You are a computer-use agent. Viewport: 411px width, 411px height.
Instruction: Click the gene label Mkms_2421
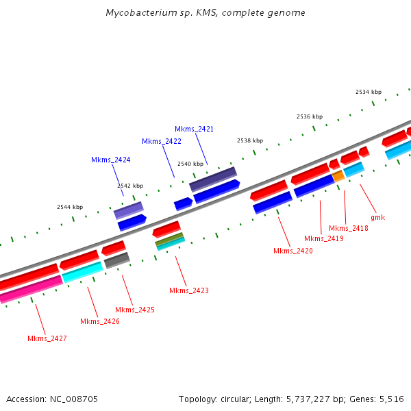(194, 129)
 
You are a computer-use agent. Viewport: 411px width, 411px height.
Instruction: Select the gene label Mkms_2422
(162, 141)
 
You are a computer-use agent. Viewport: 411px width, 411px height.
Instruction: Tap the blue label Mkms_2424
(110, 160)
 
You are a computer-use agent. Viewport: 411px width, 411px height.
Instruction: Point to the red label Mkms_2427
(47, 338)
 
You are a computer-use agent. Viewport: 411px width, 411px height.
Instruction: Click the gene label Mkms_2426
(99, 321)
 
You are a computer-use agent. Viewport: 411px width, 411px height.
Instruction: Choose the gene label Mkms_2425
(134, 310)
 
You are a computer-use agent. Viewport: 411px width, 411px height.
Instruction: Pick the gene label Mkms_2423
(188, 290)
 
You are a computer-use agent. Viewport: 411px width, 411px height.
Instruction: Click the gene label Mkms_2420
(292, 251)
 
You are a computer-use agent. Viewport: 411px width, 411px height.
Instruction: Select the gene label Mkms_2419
(323, 238)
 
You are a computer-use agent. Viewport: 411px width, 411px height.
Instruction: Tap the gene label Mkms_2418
(348, 228)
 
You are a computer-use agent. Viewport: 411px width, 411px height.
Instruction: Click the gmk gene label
(377, 217)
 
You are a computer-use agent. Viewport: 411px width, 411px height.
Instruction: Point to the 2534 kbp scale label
(369, 92)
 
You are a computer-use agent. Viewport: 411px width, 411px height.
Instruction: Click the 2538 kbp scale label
(250, 140)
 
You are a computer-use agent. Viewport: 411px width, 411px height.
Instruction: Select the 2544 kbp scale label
(69, 207)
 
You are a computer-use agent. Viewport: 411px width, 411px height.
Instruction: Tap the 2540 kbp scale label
(190, 164)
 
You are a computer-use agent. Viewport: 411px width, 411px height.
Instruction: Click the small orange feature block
(338, 176)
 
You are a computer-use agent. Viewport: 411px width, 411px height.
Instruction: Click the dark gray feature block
(117, 260)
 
